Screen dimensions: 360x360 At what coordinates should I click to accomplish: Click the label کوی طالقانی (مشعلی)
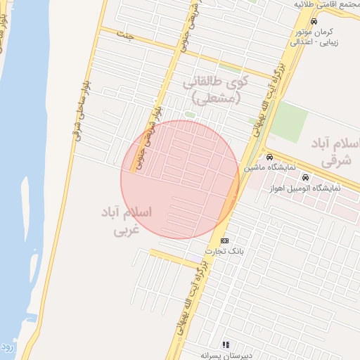coord(217,90)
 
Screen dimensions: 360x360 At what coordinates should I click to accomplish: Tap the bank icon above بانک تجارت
coord(224,240)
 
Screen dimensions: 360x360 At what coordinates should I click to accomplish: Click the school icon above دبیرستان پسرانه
coord(226,345)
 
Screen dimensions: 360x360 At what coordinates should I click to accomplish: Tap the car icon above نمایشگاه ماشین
coord(269,157)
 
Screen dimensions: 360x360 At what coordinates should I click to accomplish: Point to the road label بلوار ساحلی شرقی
coord(79,112)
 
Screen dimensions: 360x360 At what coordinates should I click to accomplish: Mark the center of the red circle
coord(180,179)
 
